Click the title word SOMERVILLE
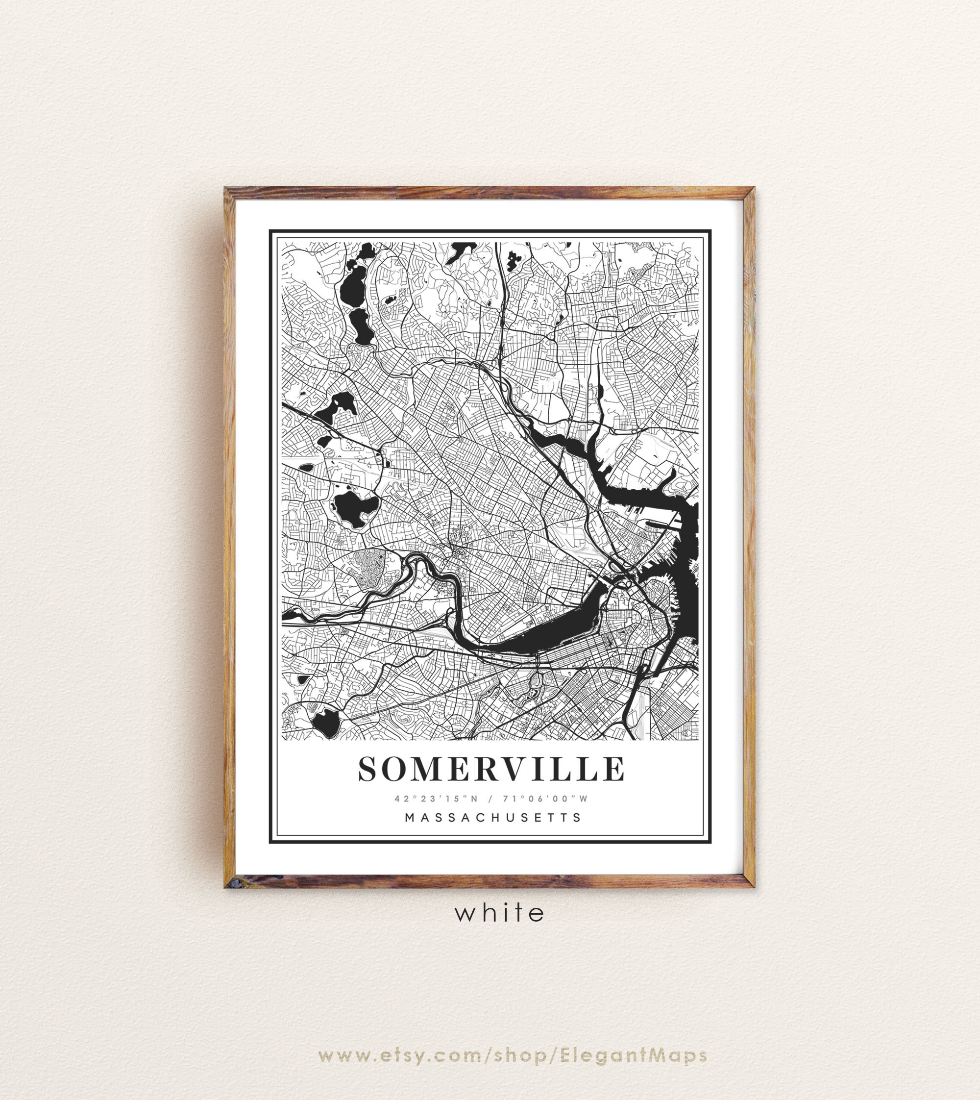click(491, 769)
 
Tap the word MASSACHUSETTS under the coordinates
click(492, 817)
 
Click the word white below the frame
click(500, 913)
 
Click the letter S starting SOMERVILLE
click(369, 769)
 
